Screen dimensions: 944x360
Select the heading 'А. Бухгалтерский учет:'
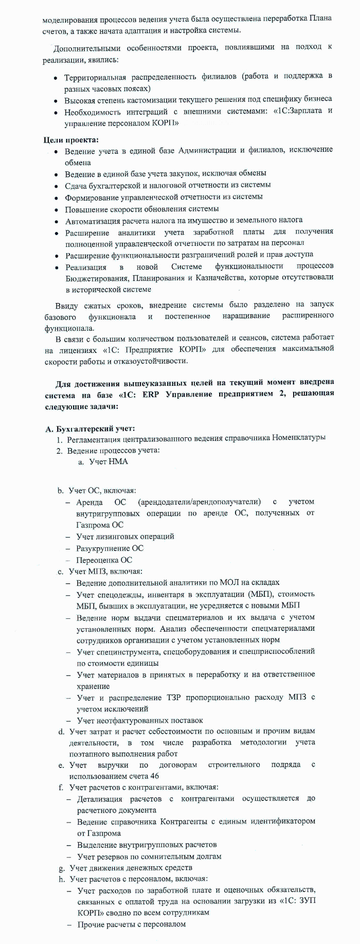pos(90,428)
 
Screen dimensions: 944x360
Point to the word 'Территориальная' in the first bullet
pos(95,77)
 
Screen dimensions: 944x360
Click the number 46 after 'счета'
pos(155,776)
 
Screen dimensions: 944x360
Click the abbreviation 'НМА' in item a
pos(118,461)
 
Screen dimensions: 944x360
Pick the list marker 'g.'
pos(62,868)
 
